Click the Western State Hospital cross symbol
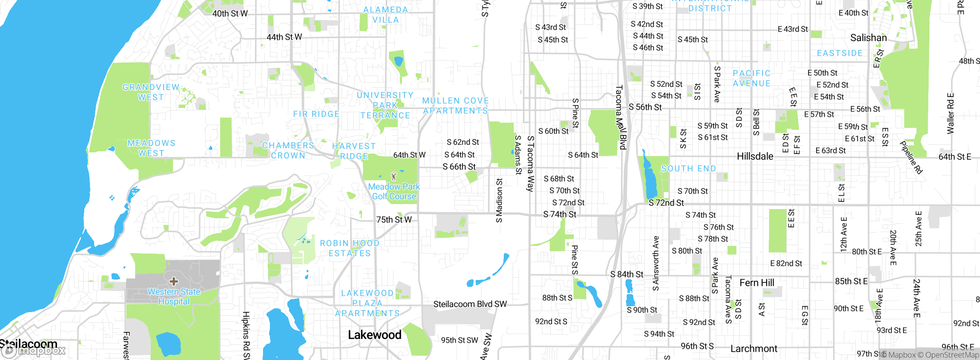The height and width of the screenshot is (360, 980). pos(174,281)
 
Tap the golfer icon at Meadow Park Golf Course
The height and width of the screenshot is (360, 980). pos(394,176)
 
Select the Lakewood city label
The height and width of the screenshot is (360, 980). pos(374,335)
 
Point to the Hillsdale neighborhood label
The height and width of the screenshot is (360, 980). pos(755,156)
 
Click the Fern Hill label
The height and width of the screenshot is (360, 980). pos(756,283)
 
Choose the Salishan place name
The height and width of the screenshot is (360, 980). pos(868,38)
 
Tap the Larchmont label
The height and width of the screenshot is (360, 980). pos(754,349)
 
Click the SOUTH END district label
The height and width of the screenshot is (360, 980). pos(688,169)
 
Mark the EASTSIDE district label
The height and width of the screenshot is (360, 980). pos(840,53)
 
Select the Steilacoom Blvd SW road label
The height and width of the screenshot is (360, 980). pos(470,304)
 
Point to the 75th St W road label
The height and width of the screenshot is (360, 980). pos(394,219)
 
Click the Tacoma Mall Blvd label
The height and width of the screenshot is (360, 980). pos(621,117)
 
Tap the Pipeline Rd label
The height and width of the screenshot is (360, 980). pos(911,157)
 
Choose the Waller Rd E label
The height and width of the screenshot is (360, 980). pos(950,113)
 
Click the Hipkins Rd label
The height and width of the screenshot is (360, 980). pos(246,335)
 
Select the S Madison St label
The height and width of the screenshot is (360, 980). pos(499,200)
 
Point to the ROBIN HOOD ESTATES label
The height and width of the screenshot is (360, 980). pos(350,248)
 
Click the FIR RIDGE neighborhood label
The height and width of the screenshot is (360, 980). pos(316,114)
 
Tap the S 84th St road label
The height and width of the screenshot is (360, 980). pos(627,274)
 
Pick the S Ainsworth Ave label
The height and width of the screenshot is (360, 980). pos(655,263)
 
